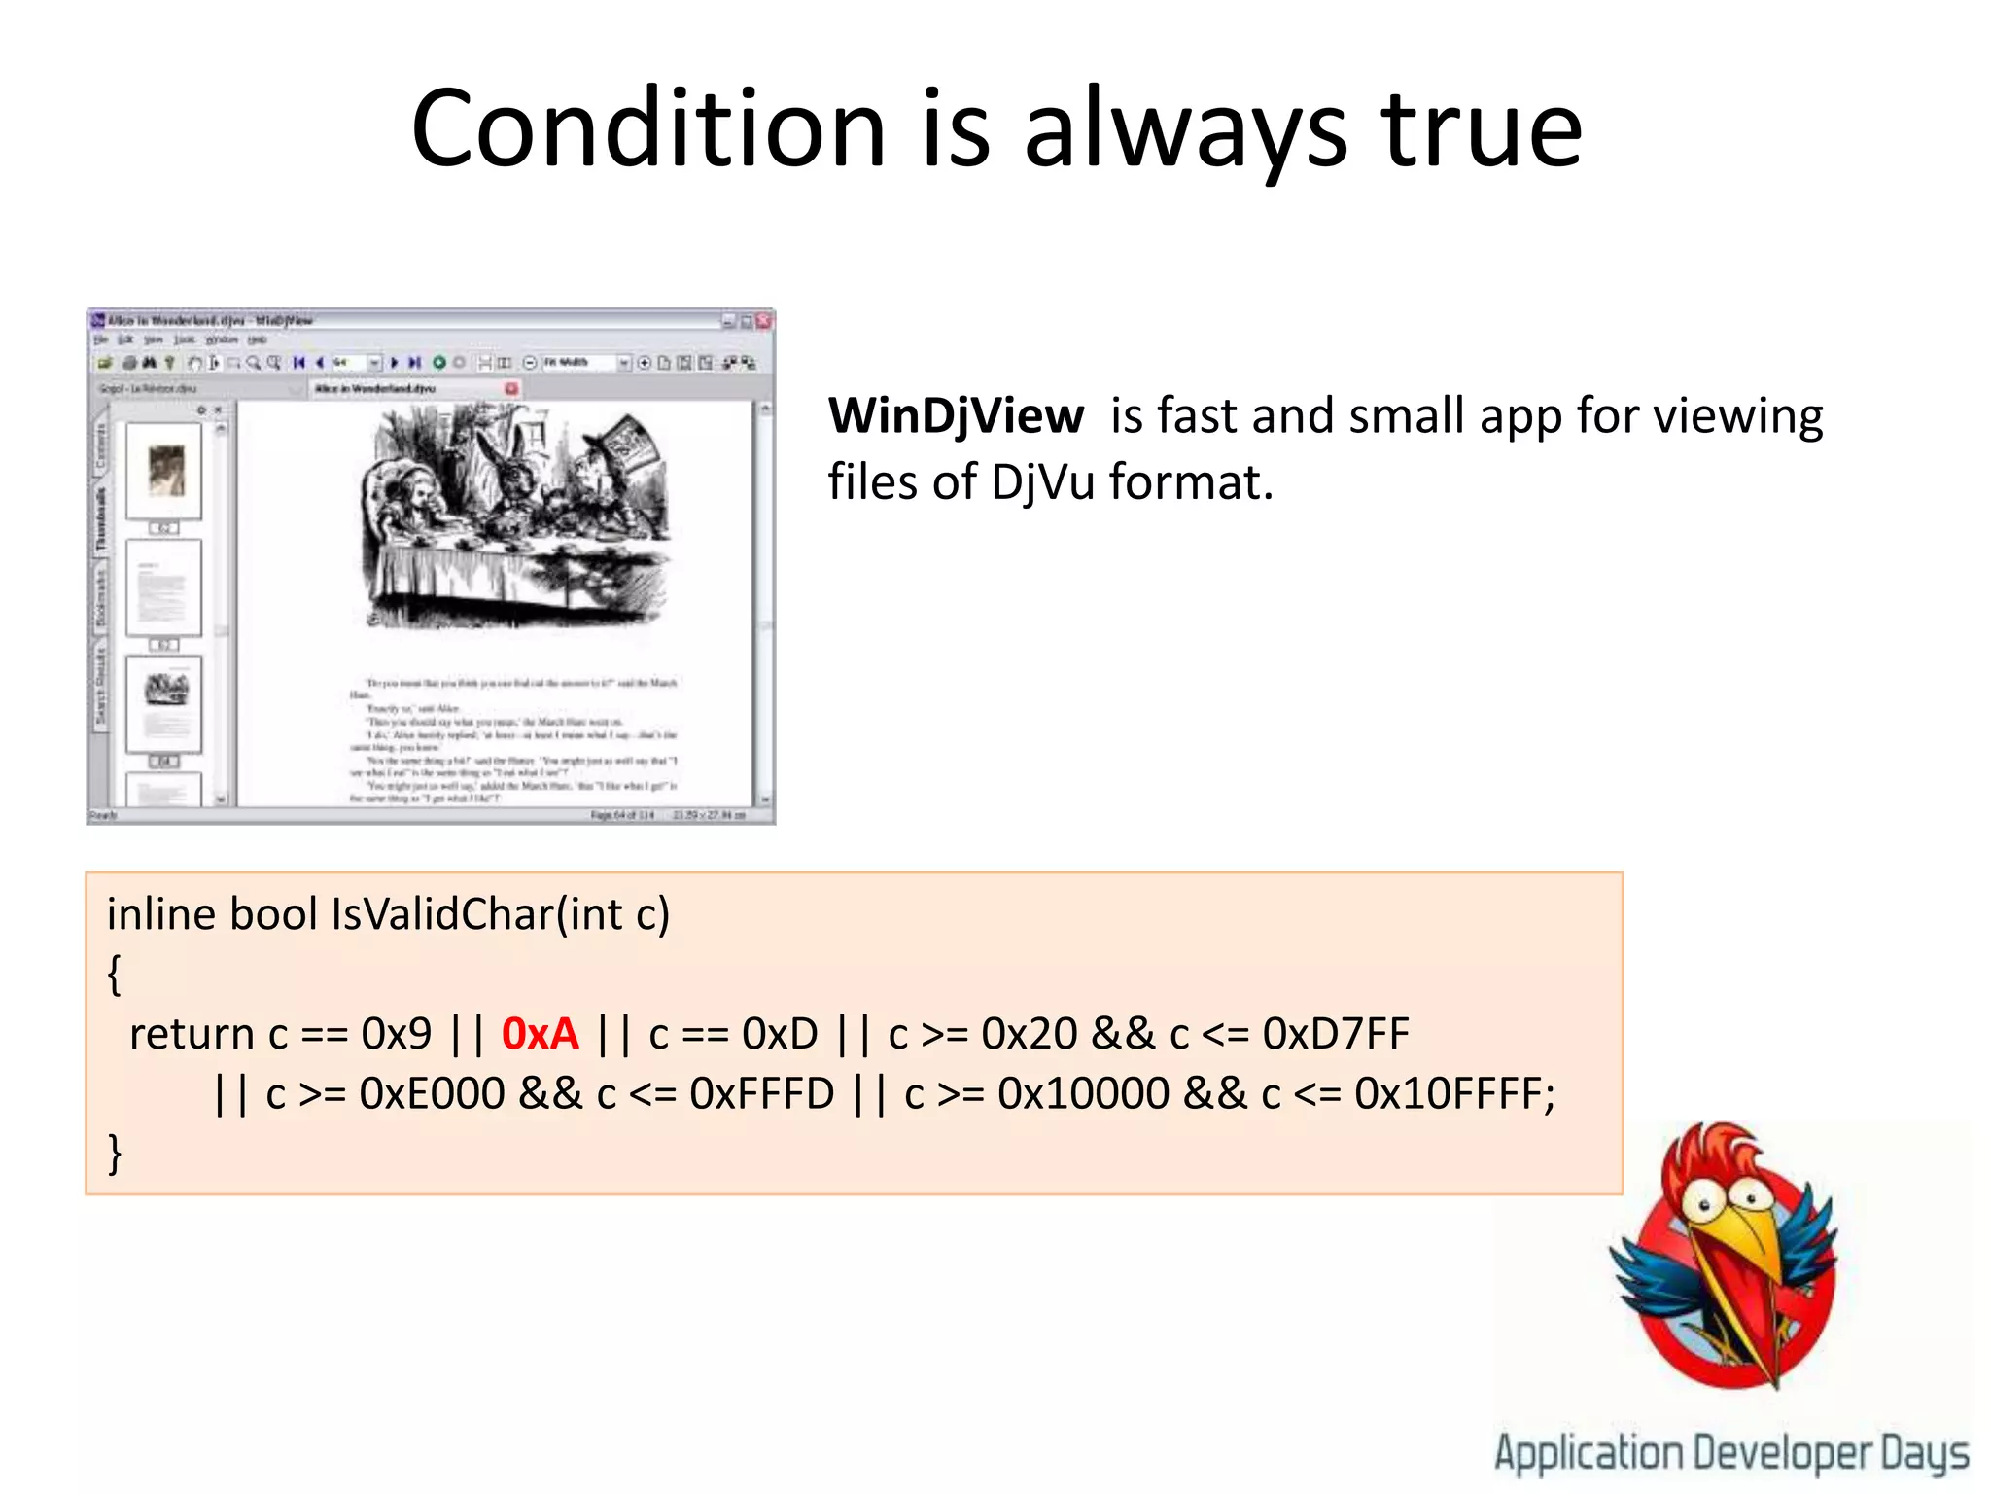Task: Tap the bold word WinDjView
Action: (x=956, y=416)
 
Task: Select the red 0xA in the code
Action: (x=540, y=1034)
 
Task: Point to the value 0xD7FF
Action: (x=1335, y=1034)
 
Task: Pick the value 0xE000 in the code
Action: (x=432, y=1094)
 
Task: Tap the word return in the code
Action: (x=192, y=1034)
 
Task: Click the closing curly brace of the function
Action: (x=115, y=1154)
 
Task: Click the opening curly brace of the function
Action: (x=115, y=974)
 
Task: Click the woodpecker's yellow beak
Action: (x=1745, y=1255)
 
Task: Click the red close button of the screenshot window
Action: (x=764, y=321)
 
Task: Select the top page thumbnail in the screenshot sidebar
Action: (x=164, y=471)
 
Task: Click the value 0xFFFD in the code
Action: (x=761, y=1094)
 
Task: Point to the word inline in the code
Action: (x=160, y=914)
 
